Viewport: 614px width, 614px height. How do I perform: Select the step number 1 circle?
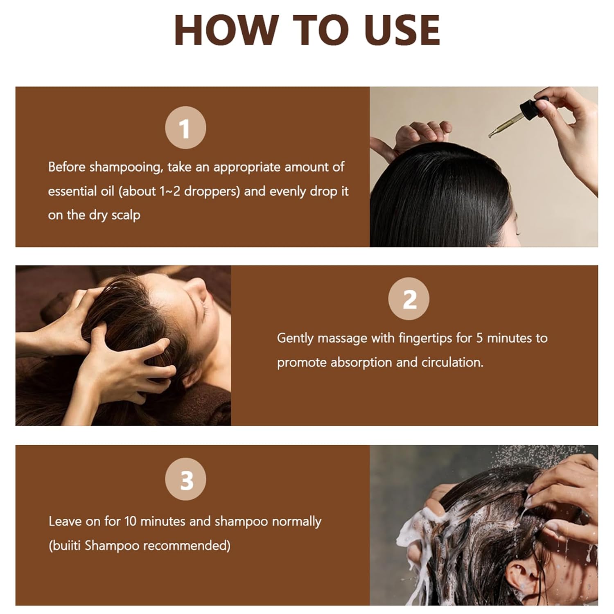point(185,128)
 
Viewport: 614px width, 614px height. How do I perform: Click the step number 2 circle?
point(409,299)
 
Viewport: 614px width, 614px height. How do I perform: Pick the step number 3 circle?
point(185,479)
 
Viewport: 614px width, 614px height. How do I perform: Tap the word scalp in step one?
point(126,215)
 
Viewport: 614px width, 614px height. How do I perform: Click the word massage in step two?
point(342,339)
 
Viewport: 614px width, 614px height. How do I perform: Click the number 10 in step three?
point(130,521)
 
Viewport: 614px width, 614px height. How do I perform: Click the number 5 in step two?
point(479,339)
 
